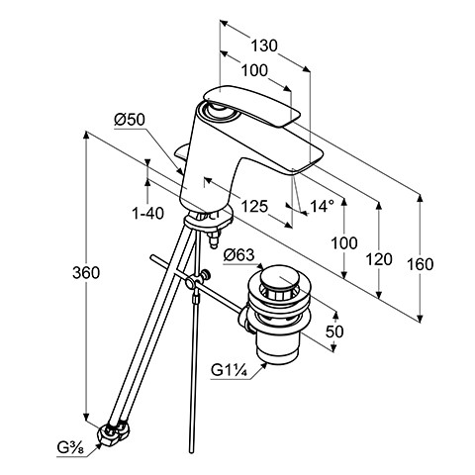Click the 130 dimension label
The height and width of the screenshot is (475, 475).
[264, 46]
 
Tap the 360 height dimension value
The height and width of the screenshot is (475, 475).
[86, 273]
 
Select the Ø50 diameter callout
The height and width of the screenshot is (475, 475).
[130, 120]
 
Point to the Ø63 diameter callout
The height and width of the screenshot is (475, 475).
[239, 254]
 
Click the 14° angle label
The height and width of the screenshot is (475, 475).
[323, 206]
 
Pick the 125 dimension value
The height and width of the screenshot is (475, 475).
[254, 207]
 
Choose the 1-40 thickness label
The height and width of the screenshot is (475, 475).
[147, 214]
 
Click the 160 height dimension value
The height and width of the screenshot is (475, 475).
[420, 264]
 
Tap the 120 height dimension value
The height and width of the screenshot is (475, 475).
[379, 259]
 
